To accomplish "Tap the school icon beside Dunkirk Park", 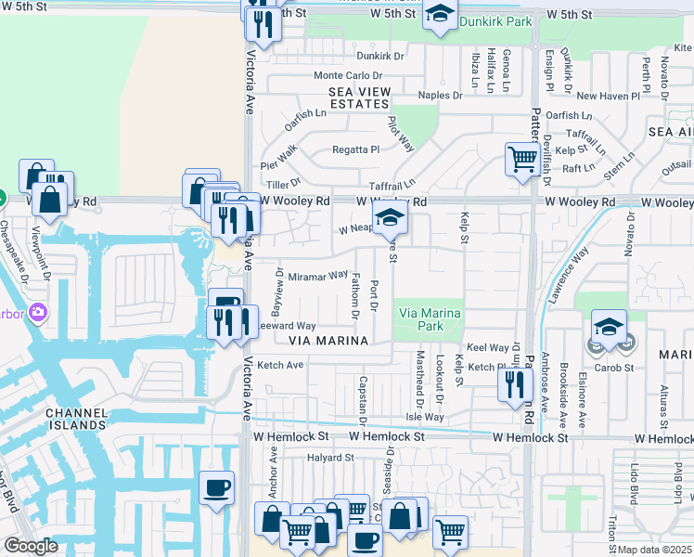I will pyautogui.click(x=440, y=16).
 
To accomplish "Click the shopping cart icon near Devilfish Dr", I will pyautogui.click(x=522, y=159).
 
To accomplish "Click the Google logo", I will pyautogui.click(x=31, y=546).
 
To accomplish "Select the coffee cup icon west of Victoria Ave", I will pyautogui.click(x=217, y=487).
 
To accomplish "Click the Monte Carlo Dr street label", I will pyautogui.click(x=348, y=75).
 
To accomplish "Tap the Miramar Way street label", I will pyautogui.click(x=317, y=276).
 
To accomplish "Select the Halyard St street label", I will pyautogui.click(x=331, y=457).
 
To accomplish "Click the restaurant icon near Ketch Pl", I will pyautogui.click(x=513, y=383).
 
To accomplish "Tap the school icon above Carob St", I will pyautogui.click(x=610, y=328).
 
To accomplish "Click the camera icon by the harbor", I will pyautogui.click(x=38, y=310).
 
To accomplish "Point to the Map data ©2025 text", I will pyautogui.click(x=655, y=550).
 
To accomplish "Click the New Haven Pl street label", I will pyautogui.click(x=608, y=96).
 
